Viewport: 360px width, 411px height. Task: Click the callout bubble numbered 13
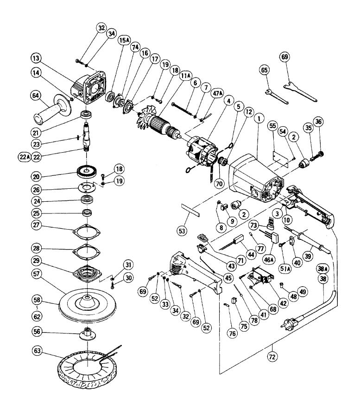click(36, 58)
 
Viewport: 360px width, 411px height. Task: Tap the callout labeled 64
click(36, 95)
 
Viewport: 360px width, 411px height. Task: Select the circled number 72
click(272, 356)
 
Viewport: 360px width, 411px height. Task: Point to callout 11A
click(186, 76)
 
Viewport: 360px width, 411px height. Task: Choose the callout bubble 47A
click(218, 93)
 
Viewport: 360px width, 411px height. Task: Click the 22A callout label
click(24, 157)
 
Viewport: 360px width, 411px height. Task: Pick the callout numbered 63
click(37, 351)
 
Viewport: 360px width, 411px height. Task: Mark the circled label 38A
click(323, 269)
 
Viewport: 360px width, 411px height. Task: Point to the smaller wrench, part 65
click(277, 96)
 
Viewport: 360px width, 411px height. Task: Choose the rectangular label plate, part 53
click(190, 209)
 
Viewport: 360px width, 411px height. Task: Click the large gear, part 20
click(87, 171)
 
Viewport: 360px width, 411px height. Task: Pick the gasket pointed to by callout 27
click(87, 232)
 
